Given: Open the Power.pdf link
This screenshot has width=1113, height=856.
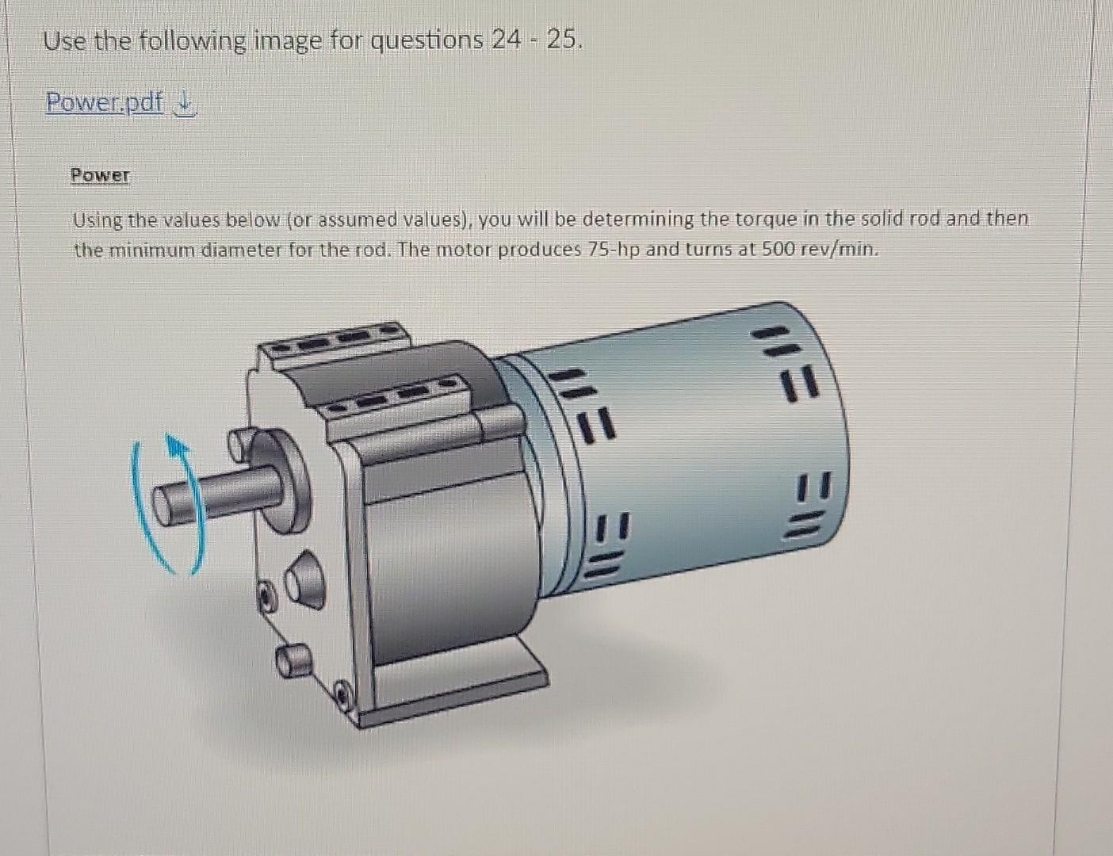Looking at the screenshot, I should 104,102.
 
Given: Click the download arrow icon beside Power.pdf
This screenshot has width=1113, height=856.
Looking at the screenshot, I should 183,103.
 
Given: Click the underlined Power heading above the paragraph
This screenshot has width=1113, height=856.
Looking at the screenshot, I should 100,175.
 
